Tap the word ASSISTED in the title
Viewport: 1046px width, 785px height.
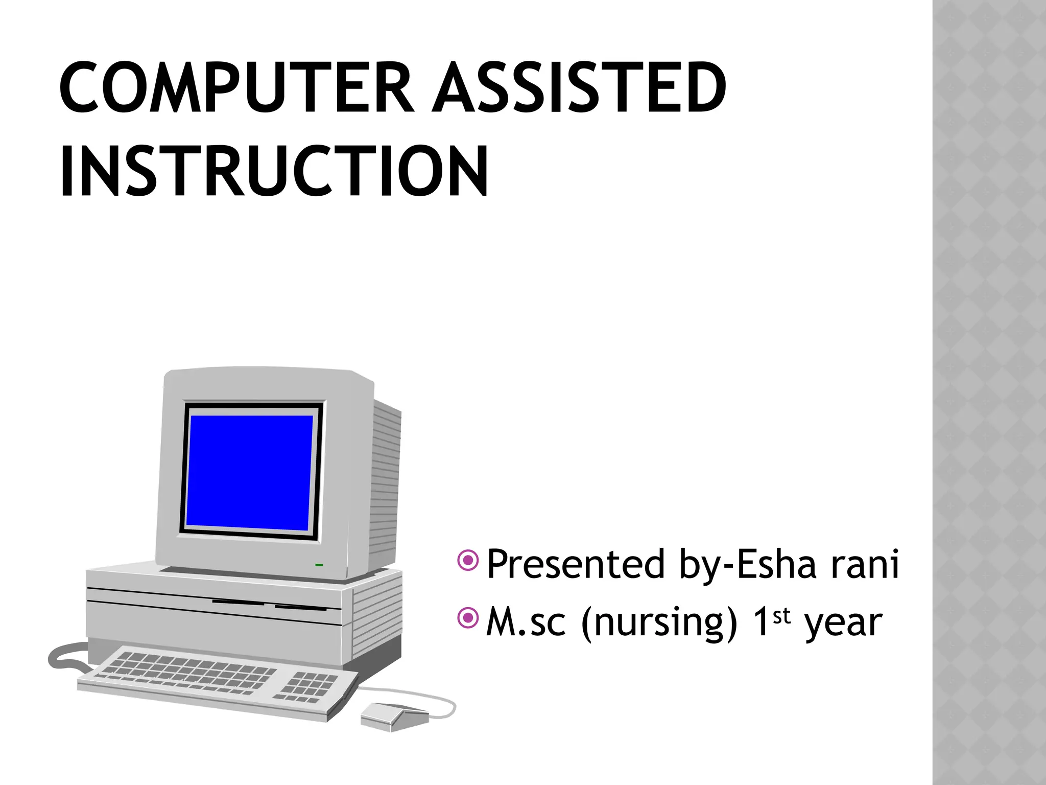click(579, 87)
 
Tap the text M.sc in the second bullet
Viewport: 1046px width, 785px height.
click(526, 622)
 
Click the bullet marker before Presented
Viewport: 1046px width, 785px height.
click(468, 561)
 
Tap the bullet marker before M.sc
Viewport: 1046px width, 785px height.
click(468, 618)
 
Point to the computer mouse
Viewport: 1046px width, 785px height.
click(393, 715)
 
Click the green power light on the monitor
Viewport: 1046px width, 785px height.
click(319, 565)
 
